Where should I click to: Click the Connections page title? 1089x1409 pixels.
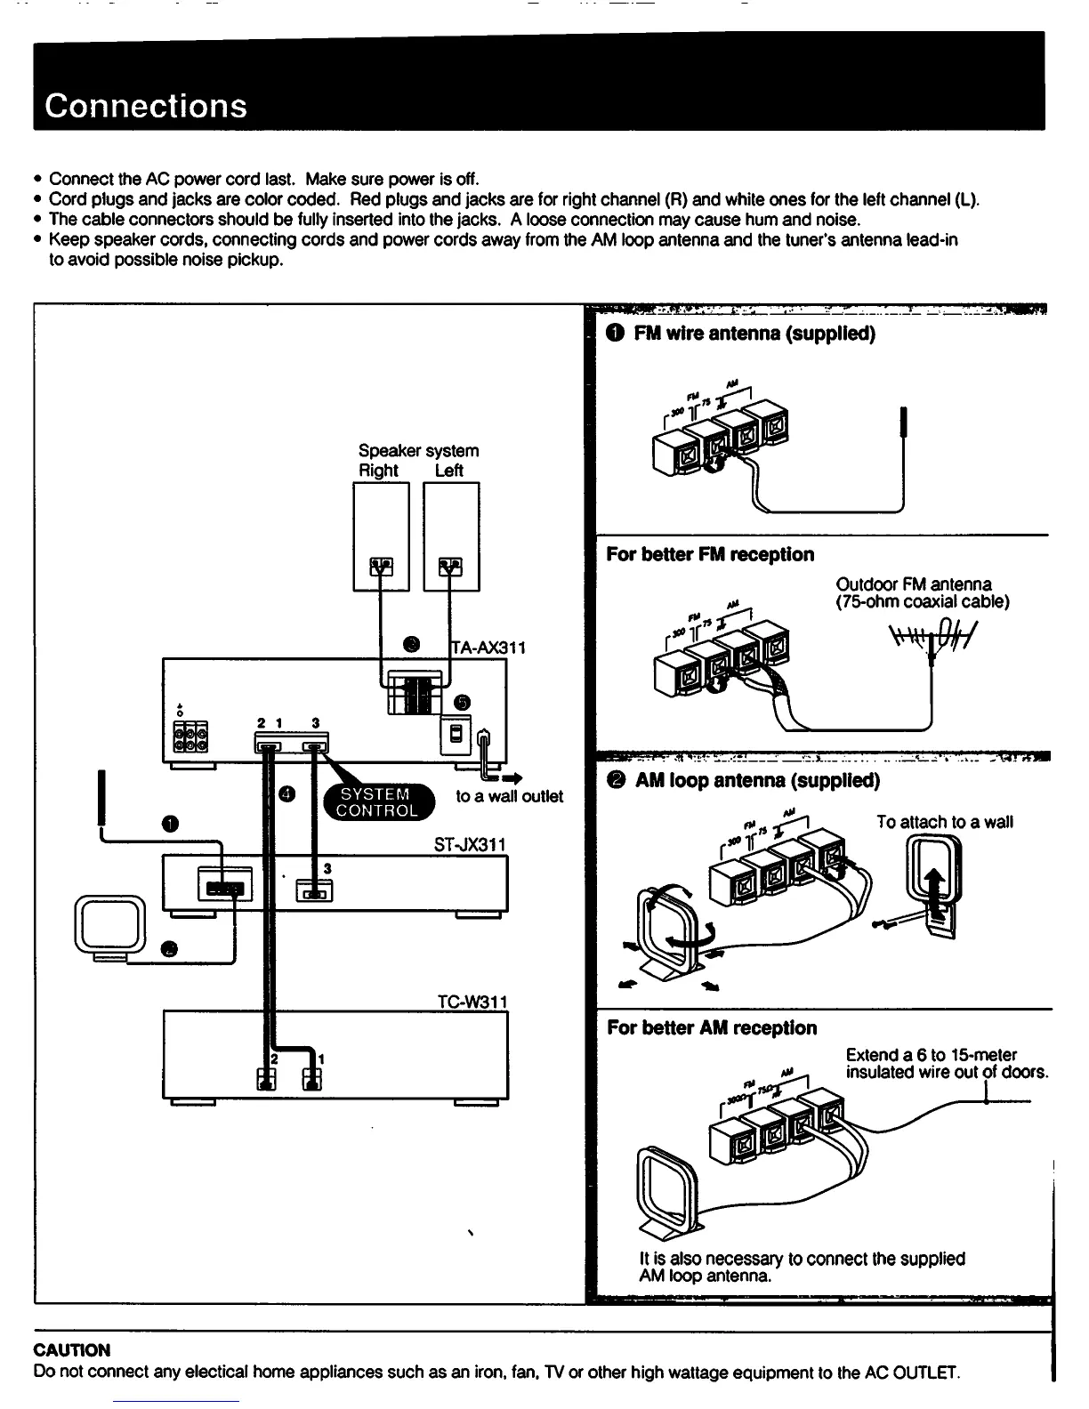tap(146, 106)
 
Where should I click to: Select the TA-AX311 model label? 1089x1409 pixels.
tap(488, 647)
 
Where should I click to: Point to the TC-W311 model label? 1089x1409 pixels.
tap(472, 1002)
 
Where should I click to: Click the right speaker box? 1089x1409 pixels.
tap(381, 536)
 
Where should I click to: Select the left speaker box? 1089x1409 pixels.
tap(451, 536)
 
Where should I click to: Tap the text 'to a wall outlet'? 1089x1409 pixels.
tap(509, 796)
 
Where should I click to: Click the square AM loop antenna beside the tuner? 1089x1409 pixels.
tap(110, 927)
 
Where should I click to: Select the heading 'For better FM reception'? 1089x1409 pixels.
tap(710, 554)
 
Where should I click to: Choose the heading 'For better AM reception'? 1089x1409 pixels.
tap(712, 1027)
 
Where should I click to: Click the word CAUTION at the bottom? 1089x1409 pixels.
tap(72, 1349)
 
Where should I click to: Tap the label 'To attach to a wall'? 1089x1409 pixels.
tap(944, 822)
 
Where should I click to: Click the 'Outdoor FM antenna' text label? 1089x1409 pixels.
tap(913, 584)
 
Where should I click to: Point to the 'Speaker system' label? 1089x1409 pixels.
tap(418, 450)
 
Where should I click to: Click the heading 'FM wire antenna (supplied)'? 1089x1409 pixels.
tap(754, 334)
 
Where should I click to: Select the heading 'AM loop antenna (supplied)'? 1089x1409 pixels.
tap(756, 780)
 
